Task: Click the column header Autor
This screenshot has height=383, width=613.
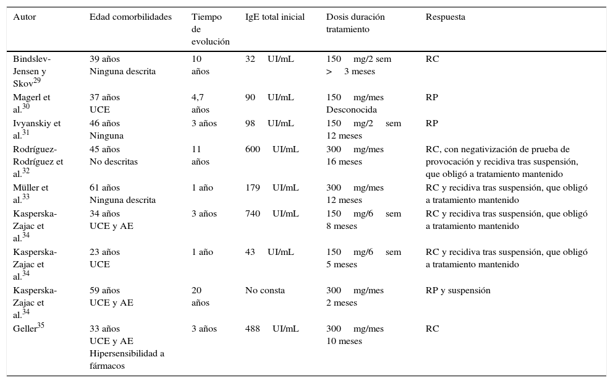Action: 25,17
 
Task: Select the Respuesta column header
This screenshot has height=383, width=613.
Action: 445,17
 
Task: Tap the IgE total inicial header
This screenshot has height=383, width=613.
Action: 274,17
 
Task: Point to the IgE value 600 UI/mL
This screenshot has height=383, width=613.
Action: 272,149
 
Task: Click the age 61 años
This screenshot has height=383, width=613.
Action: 104,187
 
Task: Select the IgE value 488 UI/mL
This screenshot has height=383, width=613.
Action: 272,329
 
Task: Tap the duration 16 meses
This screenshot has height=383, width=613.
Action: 344,161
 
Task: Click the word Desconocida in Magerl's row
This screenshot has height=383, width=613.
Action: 351,110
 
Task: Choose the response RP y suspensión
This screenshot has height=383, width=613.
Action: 458,290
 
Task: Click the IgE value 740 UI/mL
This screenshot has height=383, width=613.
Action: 272,213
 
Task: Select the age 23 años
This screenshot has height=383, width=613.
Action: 104,252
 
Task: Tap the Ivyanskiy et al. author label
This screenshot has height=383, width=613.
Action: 36,129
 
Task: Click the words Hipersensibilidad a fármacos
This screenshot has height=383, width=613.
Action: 126,359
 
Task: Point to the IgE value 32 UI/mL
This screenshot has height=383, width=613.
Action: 269,59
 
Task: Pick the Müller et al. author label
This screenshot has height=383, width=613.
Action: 30,194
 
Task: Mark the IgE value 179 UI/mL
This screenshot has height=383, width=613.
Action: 272,187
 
